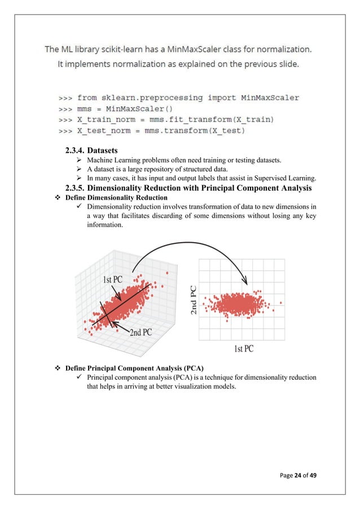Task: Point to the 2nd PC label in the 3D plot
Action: point(141,332)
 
